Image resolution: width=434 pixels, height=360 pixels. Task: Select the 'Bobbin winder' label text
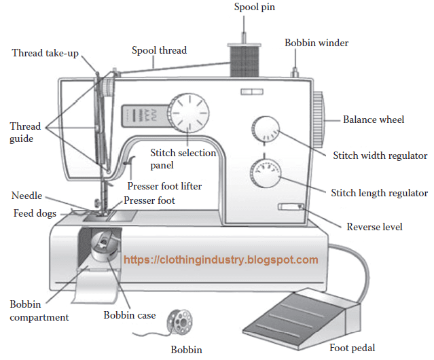tap(316, 43)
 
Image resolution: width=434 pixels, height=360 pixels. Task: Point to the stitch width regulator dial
tap(265, 129)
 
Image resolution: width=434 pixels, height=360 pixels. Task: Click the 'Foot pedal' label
tap(352, 348)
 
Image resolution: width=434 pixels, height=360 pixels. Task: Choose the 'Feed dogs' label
tap(35, 213)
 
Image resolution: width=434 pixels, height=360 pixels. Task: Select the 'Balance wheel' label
tap(373, 120)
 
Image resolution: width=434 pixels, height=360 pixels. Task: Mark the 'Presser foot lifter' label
tap(164, 185)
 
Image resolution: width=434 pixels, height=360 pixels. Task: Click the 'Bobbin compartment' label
tap(39, 310)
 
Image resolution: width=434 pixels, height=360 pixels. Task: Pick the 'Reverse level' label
tap(374, 226)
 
